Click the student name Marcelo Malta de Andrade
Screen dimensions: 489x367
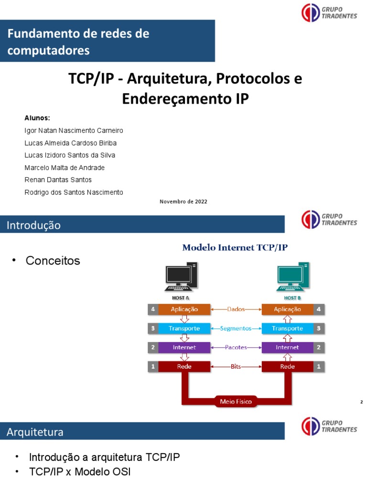click(x=65, y=168)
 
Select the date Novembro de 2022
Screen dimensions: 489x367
click(x=183, y=202)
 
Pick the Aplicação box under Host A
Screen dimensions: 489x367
click(x=184, y=309)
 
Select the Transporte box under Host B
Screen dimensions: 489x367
click(x=287, y=329)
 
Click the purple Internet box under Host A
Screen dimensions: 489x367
click(x=184, y=348)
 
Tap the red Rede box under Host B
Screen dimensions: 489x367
click(x=287, y=367)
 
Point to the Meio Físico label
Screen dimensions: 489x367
click(x=236, y=402)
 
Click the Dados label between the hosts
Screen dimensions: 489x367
click(x=236, y=309)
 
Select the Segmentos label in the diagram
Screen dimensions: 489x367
click(x=236, y=329)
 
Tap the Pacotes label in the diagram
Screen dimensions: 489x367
click(x=236, y=348)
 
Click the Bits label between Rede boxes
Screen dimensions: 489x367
click(x=236, y=367)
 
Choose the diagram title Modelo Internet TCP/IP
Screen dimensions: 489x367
click(x=235, y=247)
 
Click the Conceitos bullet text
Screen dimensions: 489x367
click(x=53, y=261)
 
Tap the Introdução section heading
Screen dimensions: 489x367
click(x=33, y=225)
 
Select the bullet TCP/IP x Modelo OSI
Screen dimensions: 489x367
click(x=79, y=472)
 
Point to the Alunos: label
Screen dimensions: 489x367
click(x=37, y=118)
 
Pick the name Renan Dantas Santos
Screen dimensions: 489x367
click(x=58, y=180)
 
